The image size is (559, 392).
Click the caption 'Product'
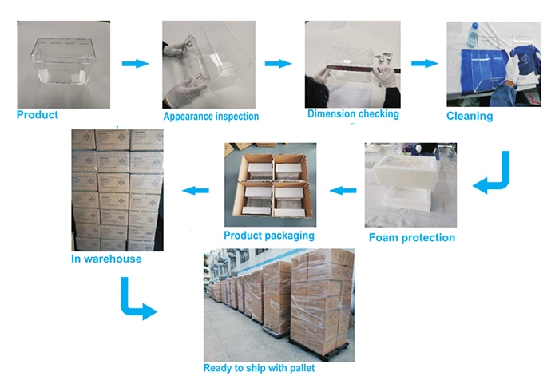[x=38, y=115]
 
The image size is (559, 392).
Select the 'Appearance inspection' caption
[x=211, y=117]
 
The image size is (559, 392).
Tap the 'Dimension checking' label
[x=353, y=114]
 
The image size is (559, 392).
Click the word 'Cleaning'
[x=470, y=117]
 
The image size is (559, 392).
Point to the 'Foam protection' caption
[x=412, y=237]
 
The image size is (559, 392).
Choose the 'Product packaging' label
[x=269, y=236]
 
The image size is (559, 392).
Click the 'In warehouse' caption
[x=107, y=259]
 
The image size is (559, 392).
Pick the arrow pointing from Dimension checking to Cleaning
[x=425, y=63]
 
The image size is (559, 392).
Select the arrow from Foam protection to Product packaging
[x=343, y=190]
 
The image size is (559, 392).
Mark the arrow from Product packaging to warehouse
[x=196, y=190]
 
